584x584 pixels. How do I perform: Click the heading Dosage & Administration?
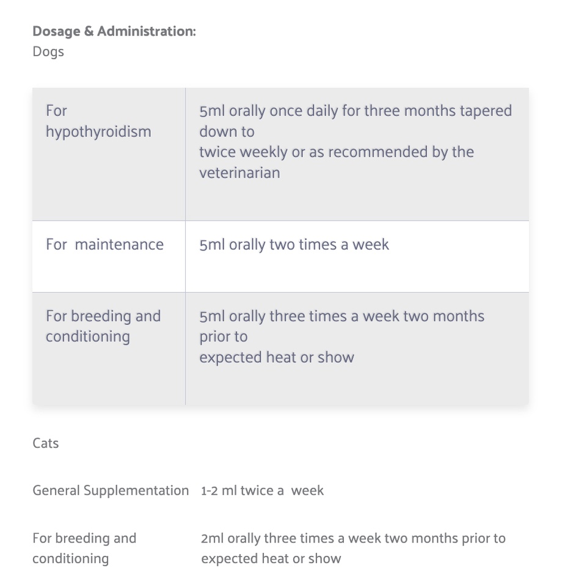pos(114,31)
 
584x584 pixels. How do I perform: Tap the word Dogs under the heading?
pos(48,51)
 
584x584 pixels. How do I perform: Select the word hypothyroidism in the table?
pos(98,132)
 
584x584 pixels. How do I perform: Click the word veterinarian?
pos(239,173)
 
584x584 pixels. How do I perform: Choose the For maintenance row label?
pos(104,244)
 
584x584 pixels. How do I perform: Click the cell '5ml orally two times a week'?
pos(294,244)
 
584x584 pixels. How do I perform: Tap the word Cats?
pos(46,443)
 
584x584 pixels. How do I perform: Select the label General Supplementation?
pos(111,491)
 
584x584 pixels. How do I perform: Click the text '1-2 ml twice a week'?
pos(262,491)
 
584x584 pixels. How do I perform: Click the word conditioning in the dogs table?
pos(87,337)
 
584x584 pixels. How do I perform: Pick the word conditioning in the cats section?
pos(70,559)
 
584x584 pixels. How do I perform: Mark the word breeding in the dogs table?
pos(101,316)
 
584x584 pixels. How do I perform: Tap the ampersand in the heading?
pos(88,31)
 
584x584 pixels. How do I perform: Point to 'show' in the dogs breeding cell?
pos(335,357)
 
